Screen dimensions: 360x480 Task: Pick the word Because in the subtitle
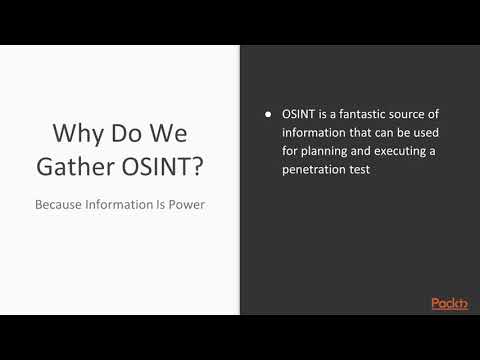(x=62, y=203)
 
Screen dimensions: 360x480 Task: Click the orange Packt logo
(x=450, y=303)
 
